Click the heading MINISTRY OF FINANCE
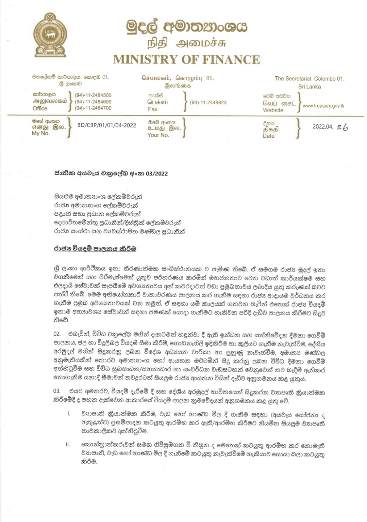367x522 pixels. point(187,60)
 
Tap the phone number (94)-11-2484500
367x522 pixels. point(93,95)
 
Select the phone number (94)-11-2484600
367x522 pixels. point(93,102)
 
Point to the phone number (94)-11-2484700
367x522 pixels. point(93,108)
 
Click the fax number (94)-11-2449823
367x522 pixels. point(208,102)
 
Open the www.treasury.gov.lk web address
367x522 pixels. point(323,106)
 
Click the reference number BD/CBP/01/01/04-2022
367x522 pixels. point(107,125)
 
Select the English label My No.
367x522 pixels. point(41,133)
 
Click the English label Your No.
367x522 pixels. point(158,135)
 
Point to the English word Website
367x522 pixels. point(273,110)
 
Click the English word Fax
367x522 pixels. point(153,109)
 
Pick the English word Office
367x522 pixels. point(40,108)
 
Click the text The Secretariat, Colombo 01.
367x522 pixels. point(309,79)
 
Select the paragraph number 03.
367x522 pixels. point(57,391)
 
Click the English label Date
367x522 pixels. point(268,136)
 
